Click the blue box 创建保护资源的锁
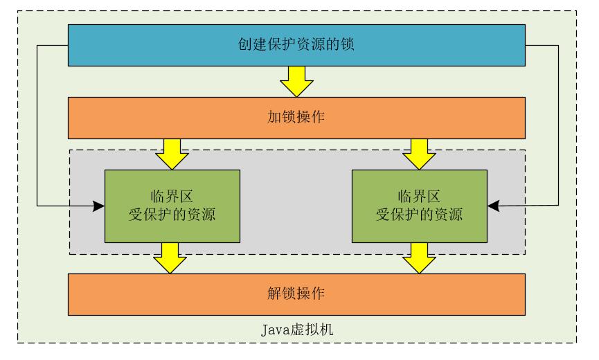[x=296, y=45]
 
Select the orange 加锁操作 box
[x=296, y=118]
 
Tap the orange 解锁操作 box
[x=296, y=294]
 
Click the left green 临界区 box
[x=172, y=206]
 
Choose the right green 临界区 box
[x=420, y=206]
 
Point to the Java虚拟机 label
[x=296, y=329]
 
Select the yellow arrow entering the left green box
[x=172, y=154]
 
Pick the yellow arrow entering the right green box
[x=419, y=154]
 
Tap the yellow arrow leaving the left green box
[x=170, y=257]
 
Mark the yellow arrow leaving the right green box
[x=419, y=257]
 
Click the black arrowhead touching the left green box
[x=99, y=206]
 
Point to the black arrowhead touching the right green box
[x=493, y=206]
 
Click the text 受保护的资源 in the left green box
[x=172, y=214]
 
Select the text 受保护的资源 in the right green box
[x=420, y=214]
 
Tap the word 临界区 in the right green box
[x=420, y=196]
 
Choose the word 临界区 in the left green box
[x=172, y=196]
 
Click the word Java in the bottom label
[x=275, y=329]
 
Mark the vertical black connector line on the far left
[x=37, y=125]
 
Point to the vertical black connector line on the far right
[x=558, y=125]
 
